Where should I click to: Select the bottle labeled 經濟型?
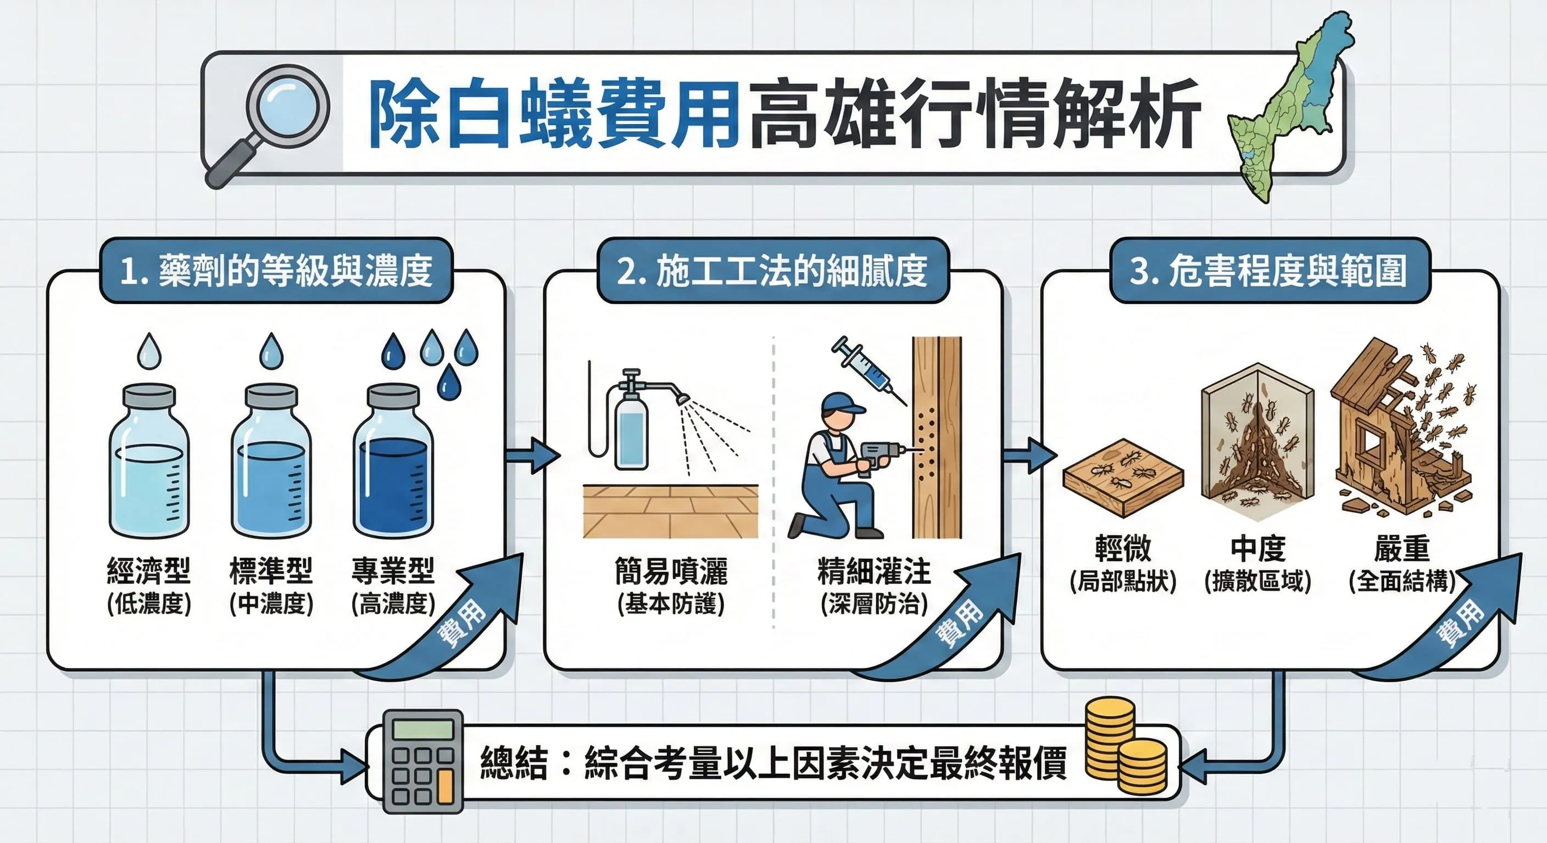[x=149, y=462]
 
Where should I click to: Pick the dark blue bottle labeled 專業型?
[x=393, y=462]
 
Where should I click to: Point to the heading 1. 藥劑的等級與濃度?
[x=276, y=271]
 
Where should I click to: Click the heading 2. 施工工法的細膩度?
[x=772, y=271]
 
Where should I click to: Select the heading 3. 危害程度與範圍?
[x=1268, y=271]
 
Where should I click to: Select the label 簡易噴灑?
[x=671, y=571]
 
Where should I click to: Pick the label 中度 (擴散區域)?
[x=1257, y=564]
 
